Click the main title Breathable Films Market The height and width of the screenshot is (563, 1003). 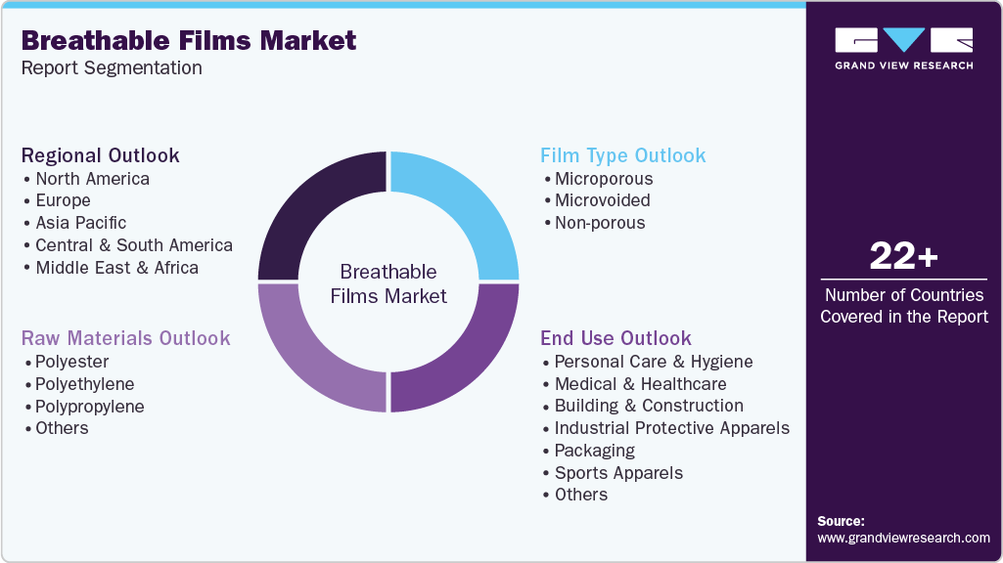click(189, 40)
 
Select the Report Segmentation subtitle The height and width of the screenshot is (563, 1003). click(112, 68)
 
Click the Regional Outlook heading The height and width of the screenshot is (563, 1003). click(101, 155)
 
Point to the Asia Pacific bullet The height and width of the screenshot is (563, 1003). click(80, 223)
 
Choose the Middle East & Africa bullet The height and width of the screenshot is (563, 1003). click(116, 268)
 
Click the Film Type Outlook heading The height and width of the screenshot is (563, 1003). click(622, 155)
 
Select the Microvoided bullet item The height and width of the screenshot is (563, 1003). click(602, 200)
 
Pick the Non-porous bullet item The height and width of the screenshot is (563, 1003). click(599, 223)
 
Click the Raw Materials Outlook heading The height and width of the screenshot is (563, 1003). click(126, 338)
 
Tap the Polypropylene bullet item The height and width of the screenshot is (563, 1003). click(89, 407)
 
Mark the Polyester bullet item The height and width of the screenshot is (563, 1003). click(71, 362)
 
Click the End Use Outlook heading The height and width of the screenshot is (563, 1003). click(615, 338)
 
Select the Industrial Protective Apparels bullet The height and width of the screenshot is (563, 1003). click(671, 428)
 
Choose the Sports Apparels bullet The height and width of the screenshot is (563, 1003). click(618, 473)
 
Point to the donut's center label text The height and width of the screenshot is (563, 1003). click(388, 283)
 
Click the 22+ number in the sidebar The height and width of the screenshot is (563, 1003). click(903, 257)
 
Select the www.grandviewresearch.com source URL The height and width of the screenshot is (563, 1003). click(903, 538)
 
